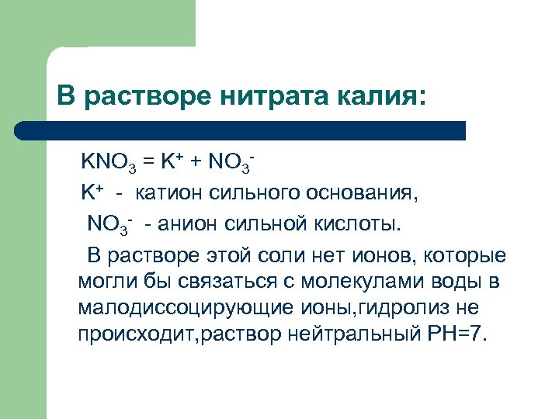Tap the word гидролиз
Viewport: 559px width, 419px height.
tap(402, 308)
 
